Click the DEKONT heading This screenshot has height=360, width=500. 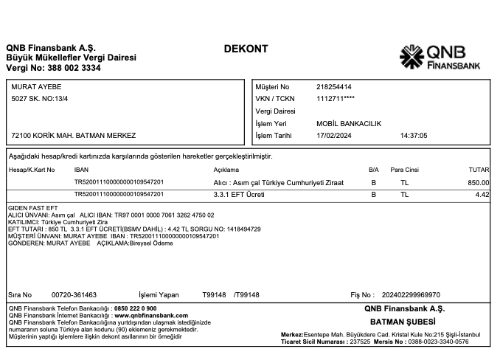(x=246, y=49)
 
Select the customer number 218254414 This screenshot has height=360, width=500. (x=333, y=87)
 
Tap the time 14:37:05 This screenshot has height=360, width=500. (x=414, y=136)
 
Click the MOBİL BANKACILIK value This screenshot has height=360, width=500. (x=349, y=123)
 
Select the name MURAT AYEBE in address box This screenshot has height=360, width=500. (x=36, y=87)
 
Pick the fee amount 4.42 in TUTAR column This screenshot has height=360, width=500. (x=482, y=194)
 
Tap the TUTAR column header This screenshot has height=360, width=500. (x=479, y=170)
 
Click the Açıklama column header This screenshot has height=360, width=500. (x=227, y=170)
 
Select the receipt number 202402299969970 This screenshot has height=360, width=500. (x=415, y=294)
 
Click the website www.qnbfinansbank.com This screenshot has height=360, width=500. (x=150, y=314)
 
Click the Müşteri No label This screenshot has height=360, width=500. (x=272, y=87)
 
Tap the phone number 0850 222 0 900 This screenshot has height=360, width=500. (x=135, y=308)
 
